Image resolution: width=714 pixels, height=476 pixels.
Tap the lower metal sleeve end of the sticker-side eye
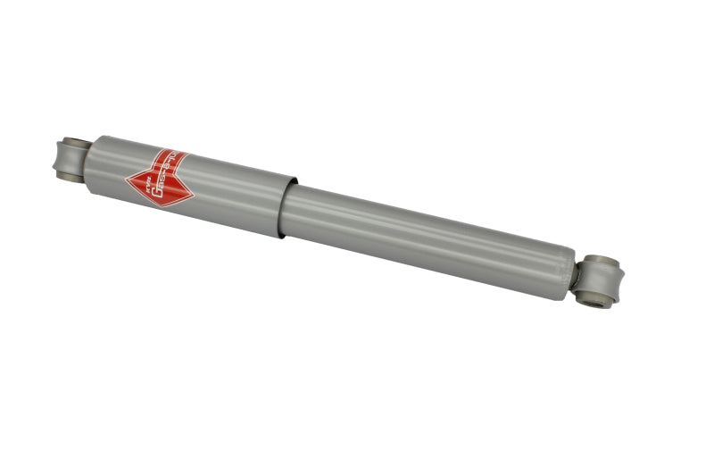click(x=68, y=177)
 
